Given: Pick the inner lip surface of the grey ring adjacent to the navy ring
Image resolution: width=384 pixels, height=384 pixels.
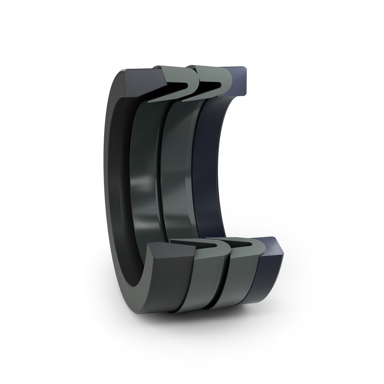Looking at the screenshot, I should [x=178, y=168].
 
